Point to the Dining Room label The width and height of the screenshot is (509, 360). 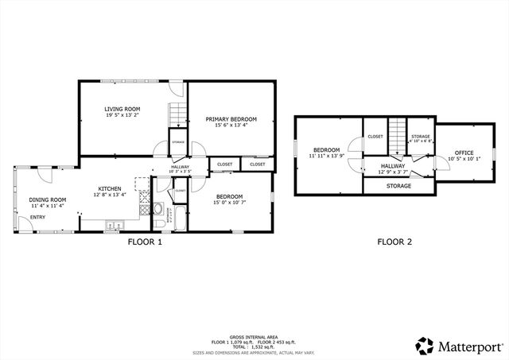click(48, 199)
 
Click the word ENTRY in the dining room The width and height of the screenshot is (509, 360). click(37, 217)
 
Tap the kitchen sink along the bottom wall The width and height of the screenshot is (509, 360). click(111, 225)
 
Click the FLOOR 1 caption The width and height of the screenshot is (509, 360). click(145, 242)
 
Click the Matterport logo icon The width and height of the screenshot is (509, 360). click(424, 346)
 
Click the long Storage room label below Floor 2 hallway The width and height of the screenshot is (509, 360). click(398, 186)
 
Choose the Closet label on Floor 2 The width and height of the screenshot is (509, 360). click(375, 137)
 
